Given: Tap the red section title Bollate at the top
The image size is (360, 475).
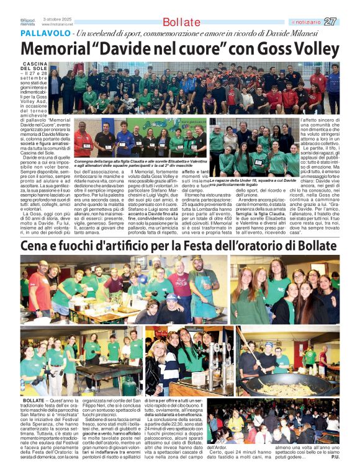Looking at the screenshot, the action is pos(182,22).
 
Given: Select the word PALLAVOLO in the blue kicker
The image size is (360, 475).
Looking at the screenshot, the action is pos(45,33).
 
